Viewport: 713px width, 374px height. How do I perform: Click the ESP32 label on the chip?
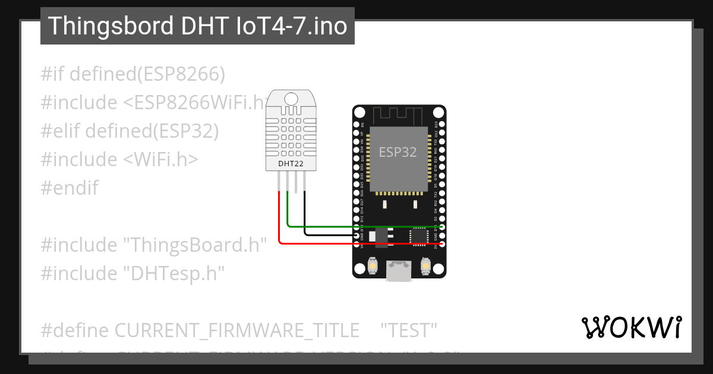(x=398, y=152)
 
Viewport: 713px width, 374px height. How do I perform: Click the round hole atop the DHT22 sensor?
(x=291, y=98)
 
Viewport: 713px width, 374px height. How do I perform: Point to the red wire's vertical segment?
(x=279, y=217)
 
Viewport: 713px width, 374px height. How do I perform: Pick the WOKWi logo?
(x=631, y=327)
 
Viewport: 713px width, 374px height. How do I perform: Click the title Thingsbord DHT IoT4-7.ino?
(x=197, y=26)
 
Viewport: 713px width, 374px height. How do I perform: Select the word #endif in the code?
(x=70, y=188)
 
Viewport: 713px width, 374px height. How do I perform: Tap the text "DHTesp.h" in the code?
(x=173, y=274)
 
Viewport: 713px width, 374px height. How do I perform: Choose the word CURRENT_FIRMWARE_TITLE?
(x=236, y=330)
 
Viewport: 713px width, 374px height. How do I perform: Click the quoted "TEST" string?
(x=408, y=330)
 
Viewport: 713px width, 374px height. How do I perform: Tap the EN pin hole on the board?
(x=357, y=125)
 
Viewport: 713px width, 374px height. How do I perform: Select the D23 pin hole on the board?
(x=441, y=125)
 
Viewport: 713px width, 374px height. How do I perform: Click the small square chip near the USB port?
(x=419, y=236)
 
